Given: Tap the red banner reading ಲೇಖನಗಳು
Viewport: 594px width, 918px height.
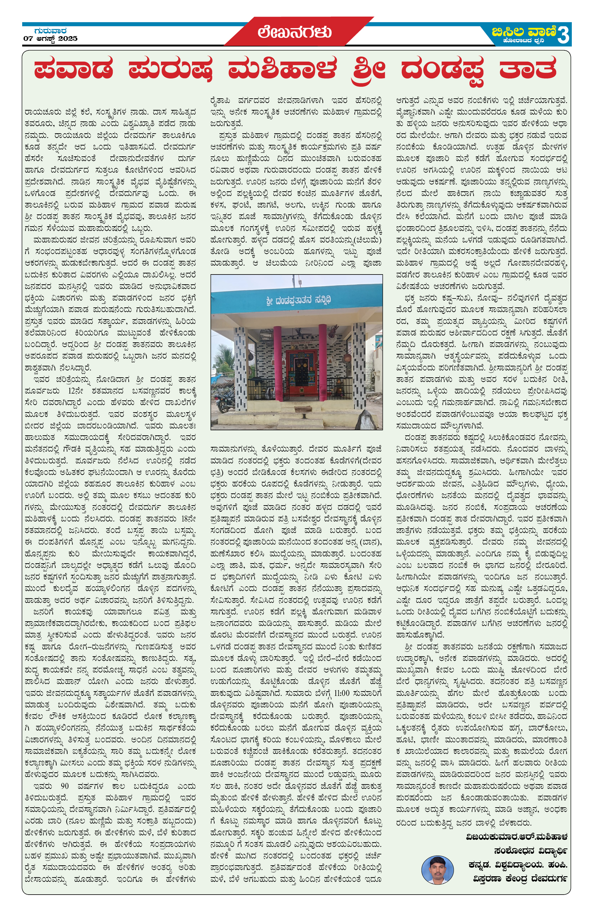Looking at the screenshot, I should [x=295, y=32].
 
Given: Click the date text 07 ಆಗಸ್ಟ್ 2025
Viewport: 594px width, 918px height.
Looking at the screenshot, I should [x=51, y=38].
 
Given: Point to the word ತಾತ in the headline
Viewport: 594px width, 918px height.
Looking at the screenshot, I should [x=527, y=69].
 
